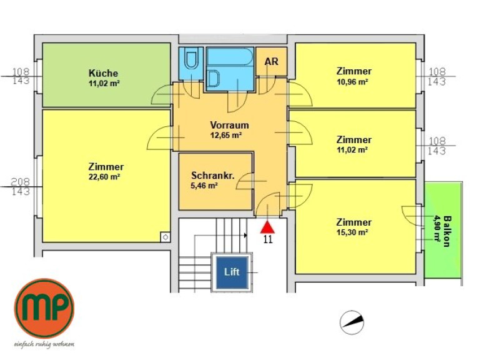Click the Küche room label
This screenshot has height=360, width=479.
pos(103,73)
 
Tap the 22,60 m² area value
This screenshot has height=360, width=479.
pos(104,177)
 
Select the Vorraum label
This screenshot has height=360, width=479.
pos(229,125)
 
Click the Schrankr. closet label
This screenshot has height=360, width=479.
pos(213,176)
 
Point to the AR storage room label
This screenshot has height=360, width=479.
pos(271,61)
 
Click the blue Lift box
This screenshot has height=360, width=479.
pos(232,272)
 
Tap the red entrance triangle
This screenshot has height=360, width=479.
pos(268,227)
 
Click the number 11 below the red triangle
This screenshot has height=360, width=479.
pos(268,239)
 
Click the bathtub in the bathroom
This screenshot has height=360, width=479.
pos(230,56)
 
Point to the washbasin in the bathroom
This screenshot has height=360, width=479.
pos(214,78)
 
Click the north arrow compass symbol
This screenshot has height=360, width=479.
pos(352,322)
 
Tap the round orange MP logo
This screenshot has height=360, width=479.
pos(44,308)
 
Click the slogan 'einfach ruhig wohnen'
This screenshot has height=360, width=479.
pos(44,344)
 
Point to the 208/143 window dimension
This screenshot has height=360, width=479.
pos(21,187)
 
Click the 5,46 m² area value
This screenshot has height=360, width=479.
pos(204,186)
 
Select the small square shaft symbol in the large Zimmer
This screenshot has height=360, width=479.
pos(165,237)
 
